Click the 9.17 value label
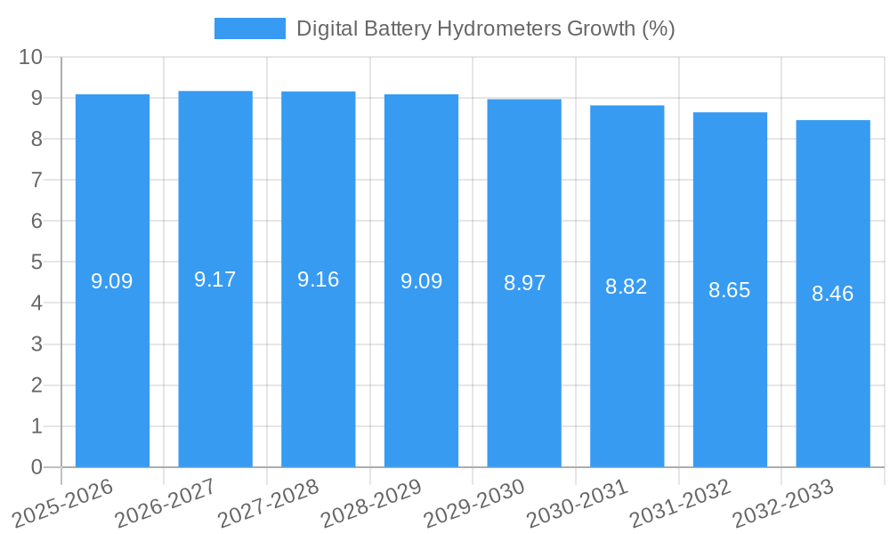215,279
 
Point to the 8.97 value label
524,283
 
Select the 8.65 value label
730,290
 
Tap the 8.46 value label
833,294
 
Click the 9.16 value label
319,279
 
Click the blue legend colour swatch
250,28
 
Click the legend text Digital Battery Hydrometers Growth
485,28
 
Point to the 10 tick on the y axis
31,57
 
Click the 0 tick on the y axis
36,467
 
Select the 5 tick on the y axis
36,263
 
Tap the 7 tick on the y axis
36,180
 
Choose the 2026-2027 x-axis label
166,504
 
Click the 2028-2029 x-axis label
371,504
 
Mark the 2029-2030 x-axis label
474,504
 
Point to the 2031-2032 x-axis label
680,504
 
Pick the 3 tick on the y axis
36,344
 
